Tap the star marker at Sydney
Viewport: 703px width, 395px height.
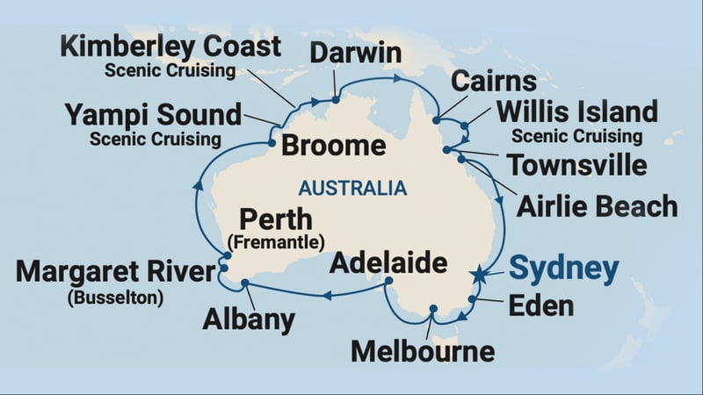[x=479, y=276]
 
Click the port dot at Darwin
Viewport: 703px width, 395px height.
[x=336, y=99]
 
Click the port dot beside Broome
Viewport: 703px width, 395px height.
[x=272, y=143]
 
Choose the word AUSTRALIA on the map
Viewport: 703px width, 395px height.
[x=352, y=188]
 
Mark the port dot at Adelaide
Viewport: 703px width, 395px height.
[x=388, y=281]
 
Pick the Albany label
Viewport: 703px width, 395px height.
[x=249, y=320]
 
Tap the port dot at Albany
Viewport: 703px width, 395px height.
[x=244, y=283]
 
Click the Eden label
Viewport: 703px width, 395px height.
[x=541, y=305]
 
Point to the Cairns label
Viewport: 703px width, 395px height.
[x=493, y=82]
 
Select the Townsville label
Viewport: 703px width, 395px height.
[x=577, y=165]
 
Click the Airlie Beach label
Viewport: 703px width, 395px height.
[x=597, y=206]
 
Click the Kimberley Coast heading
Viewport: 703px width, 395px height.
[x=170, y=46]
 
